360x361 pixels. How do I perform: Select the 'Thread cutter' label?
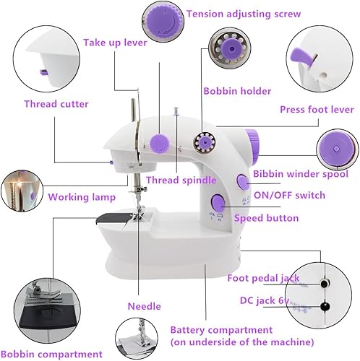(56, 104)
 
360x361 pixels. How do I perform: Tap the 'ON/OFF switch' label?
(289, 196)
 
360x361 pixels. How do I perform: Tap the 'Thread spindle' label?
(181, 180)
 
